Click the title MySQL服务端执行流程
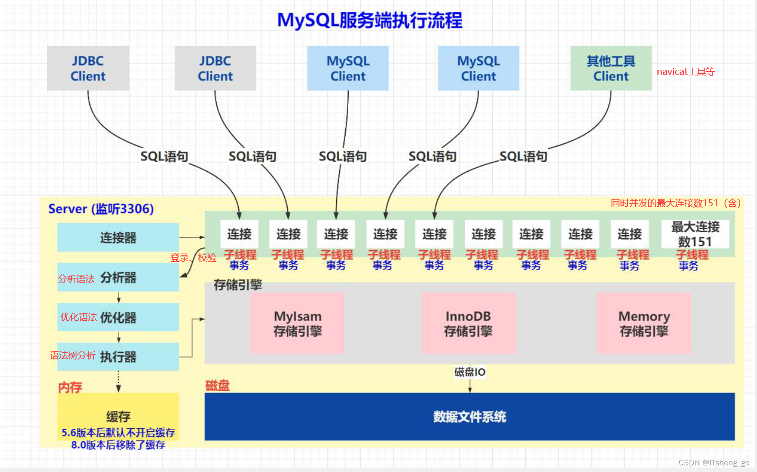[370, 20]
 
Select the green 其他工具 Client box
[610, 68]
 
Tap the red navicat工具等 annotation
[686, 71]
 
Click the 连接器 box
[118, 237]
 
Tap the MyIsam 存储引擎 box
[297, 323]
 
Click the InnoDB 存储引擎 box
[468, 323]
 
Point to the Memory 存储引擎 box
[643, 323]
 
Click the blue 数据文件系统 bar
[469, 417]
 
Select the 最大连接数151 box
[695, 234]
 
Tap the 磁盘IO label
[470, 372]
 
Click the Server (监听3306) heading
[101, 209]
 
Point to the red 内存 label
[70, 387]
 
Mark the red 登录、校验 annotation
[193, 258]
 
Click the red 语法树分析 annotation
[72, 355]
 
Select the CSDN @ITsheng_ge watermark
[714, 462]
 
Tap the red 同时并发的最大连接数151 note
[676, 203]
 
